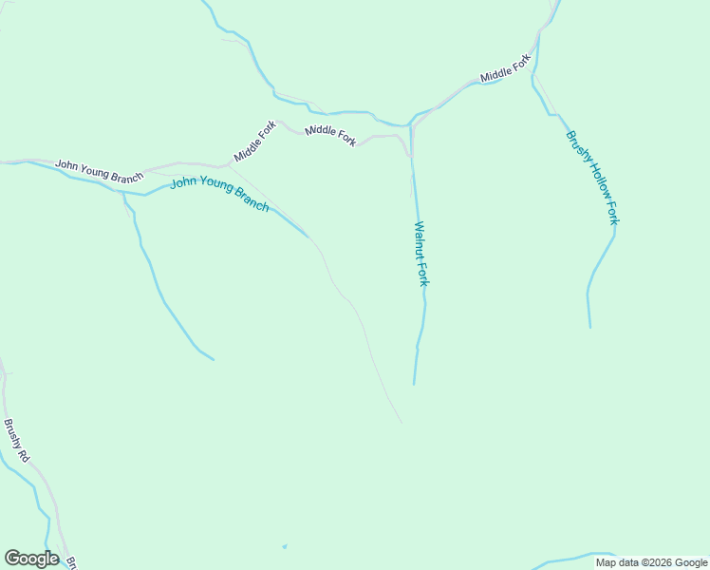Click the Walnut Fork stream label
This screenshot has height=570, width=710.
[422, 254]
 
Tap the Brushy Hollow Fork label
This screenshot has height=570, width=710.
[592, 178]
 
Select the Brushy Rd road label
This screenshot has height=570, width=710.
[16, 441]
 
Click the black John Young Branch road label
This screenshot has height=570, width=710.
[99, 170]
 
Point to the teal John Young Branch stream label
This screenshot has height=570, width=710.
[219, 194]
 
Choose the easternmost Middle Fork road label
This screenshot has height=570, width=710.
[505, 69]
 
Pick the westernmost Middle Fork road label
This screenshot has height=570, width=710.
[255, 142]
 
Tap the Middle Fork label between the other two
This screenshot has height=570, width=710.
[330, 136]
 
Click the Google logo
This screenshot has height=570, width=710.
[31, 559]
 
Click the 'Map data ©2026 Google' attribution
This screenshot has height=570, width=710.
[651, 562]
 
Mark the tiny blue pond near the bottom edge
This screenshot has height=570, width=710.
[284, 546]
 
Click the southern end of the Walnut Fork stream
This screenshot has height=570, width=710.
[414, 383]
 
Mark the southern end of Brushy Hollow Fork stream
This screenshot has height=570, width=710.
[589, 326]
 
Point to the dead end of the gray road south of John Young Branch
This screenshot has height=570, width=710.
[401, 422]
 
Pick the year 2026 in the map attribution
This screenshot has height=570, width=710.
[659, 562]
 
